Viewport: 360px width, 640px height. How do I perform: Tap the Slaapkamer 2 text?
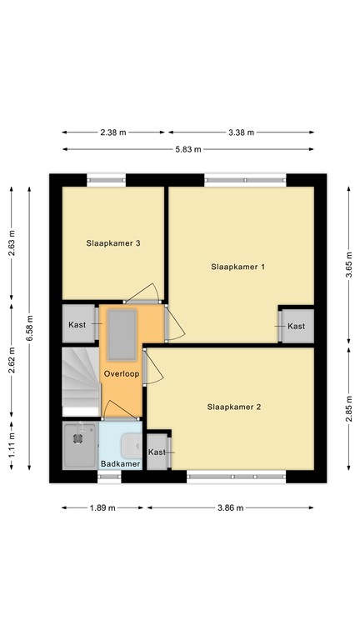(x=234, y=407)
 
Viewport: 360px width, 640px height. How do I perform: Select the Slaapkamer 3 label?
(x=112, y=243)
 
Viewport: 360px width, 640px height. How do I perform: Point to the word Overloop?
(x=121, y=375)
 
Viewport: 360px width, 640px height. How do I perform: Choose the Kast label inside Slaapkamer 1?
(x=296, y=327)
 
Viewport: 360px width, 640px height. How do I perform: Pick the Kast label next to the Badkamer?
(x=157, y=452)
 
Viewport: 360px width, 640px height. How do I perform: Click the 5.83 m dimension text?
(x=187, y=149)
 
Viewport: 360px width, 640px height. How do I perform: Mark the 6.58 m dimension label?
(x=29, y=327)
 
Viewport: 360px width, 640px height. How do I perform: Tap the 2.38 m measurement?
(x=112, y=132)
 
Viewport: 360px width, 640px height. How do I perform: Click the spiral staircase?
(x=80, y=379)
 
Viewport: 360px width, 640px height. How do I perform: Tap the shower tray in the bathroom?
(x=80, y=445)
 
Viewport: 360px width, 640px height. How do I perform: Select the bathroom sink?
(x=132, y=444)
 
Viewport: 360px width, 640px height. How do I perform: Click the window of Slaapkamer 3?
(x=107, y=178)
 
